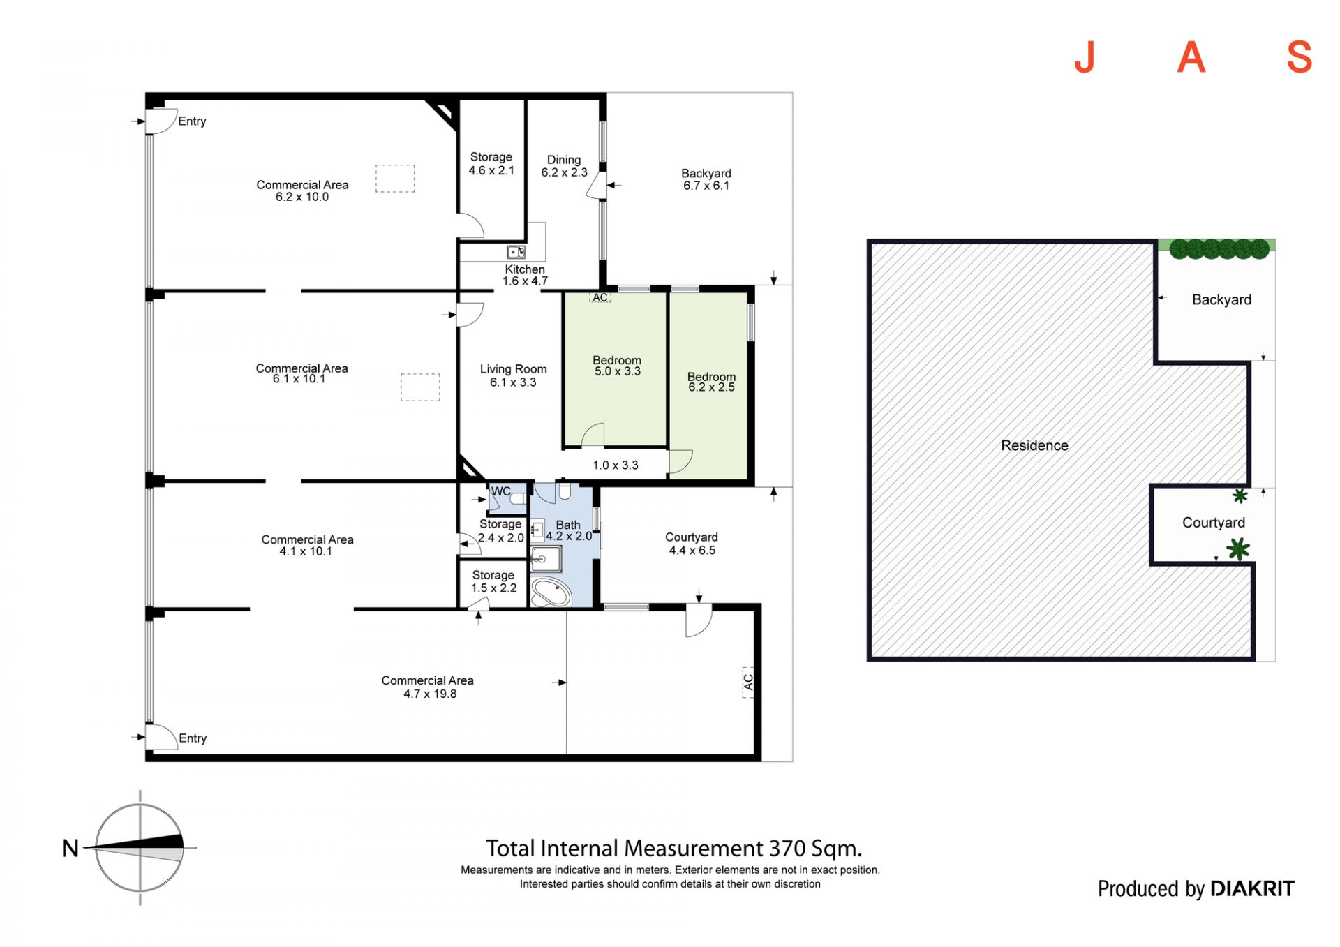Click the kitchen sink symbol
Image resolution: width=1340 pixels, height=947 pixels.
(x=516, y=252)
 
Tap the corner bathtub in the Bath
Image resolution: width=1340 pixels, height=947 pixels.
(x=551, y=592)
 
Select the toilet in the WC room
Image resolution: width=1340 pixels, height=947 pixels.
(x=518, y=499)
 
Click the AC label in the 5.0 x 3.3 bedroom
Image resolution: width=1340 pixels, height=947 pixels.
(x=600, y=297)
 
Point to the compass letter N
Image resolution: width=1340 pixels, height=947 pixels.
(x=70, y=848)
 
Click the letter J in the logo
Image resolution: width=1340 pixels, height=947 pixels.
(x=1085, y=57)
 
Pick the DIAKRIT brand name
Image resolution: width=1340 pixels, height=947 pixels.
(x=1252, y=888)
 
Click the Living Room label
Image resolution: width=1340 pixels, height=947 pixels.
(x=513, y=369)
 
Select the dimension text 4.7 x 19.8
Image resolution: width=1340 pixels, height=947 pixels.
(x=430, y=694)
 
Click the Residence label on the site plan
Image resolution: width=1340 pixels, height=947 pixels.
(x=1034, y=445)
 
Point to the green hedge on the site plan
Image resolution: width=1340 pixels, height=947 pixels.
(x=1219, y=248)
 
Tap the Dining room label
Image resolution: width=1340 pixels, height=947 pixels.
(x=564, y=160)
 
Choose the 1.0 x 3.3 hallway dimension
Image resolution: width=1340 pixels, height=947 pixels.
(x=616, y=465)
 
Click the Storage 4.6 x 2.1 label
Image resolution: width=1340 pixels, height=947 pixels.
(x=491, y=163)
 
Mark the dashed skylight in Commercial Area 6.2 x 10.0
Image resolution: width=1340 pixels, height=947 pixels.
(x=395, y=179)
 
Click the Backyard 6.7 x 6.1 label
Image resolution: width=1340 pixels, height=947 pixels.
(x=706, y=179)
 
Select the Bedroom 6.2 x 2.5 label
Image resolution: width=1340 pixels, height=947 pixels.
(x=711, y=382)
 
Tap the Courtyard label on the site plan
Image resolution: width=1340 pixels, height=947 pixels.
(x=1214, y=523)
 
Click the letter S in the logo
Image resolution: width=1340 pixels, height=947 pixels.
(x=1300, y=57)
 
